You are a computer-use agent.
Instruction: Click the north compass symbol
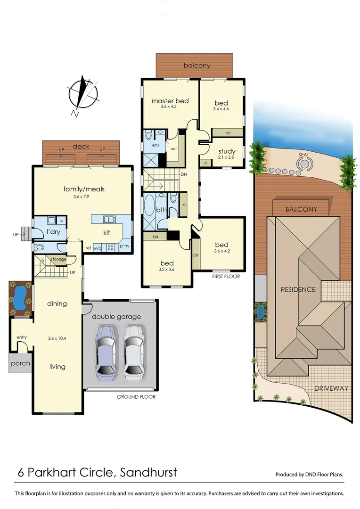(83, 95)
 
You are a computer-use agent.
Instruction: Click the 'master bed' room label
(170, 101)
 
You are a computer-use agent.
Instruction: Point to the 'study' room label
(227, 151)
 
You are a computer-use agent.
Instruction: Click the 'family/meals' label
(84, 189)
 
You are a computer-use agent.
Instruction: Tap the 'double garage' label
(116, 317)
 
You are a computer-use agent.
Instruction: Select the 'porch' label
(20, 363)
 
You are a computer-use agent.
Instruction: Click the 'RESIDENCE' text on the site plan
(298, 289)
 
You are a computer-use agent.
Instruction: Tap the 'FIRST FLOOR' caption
(226, 277)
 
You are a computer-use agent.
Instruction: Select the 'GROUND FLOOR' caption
(136, 397)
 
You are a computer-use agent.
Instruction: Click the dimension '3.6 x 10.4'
(57, 338)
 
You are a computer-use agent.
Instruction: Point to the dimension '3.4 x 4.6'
(221, 109)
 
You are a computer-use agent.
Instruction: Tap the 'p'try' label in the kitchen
(124, 246)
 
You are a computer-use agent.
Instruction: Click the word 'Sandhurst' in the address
(149, 472)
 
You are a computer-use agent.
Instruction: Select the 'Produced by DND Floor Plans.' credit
(309, 475)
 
